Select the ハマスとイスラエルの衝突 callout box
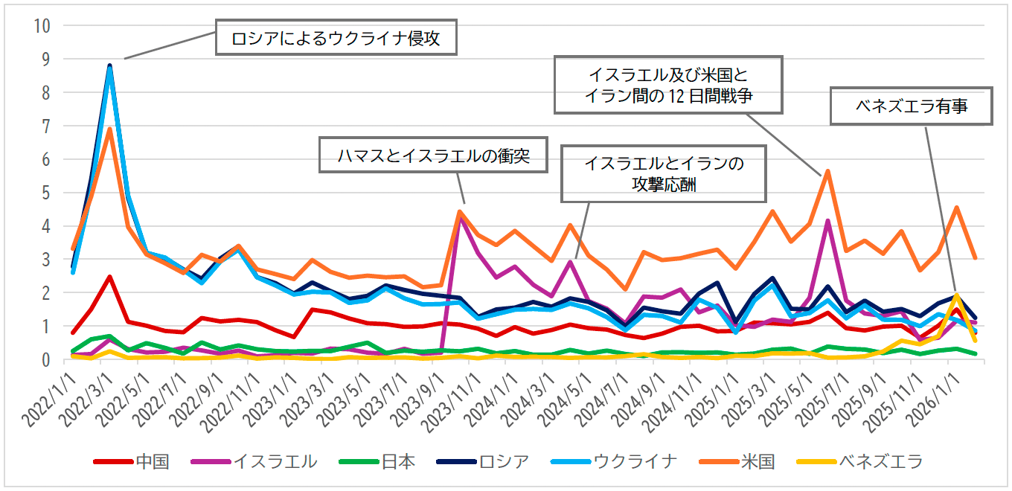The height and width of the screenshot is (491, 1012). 432,157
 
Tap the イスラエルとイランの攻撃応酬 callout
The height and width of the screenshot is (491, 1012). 664,173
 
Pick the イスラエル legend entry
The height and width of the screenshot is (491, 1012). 254,462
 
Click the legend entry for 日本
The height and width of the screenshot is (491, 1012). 377,462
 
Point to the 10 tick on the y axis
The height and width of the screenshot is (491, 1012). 42,25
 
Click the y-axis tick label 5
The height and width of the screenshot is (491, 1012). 46,193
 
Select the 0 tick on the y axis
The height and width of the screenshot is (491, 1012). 46,360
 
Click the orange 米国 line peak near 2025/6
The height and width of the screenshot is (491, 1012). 827,171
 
